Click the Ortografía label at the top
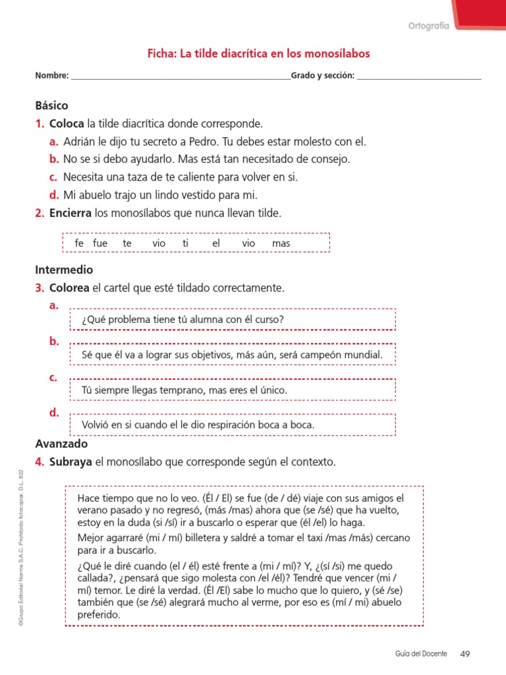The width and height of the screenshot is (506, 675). pyautogui.click(x=428, y=26)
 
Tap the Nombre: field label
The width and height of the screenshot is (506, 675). pyautogui.click(x=52, y=76)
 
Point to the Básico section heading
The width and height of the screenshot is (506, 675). pyautogui.click(x=51, y=105)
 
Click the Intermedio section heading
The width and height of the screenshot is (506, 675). pyautogui.click(x=64, y=270)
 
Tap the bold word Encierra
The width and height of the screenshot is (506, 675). pyautogui.click(x=71, y=213)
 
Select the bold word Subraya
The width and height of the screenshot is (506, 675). pyautogui.click(x=70, y=462)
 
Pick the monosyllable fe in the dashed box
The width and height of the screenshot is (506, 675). pyautogui.click(x=80, y=243)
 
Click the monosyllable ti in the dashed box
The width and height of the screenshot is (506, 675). pyautogui.click(x=186, y=243)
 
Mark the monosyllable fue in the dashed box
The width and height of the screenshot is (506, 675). pyautogui.click(x=100, y=243)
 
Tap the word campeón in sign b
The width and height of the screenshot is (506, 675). pyautogui.click(x=310, y=355)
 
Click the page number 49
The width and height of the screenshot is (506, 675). pyautogui.click(x=465, y=654)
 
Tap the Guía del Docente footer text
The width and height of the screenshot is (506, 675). pyautogui.click(x=422, y=654)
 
